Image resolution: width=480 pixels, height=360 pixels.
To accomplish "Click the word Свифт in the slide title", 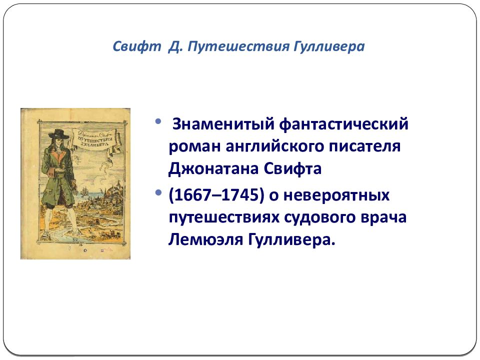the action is (x=137, y=46).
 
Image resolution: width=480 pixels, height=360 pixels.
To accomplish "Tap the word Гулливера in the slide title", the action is (x=329, y=46).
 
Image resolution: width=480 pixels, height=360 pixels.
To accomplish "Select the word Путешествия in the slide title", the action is (x=238, y=46).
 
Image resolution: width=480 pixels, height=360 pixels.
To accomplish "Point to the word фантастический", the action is (x=344, y=124).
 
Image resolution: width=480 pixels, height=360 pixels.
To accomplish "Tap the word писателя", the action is (x=364, y=146).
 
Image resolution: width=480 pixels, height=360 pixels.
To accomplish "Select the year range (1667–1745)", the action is (x=216, y=195).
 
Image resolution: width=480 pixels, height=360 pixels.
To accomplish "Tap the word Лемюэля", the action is (x=205, y=239).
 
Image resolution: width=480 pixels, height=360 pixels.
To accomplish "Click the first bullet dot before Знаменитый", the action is (x=158, y=121).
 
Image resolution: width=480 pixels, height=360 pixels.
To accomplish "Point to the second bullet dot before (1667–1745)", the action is (x=158, y=193).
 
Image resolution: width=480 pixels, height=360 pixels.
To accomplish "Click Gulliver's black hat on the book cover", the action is (x=56, y=134).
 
